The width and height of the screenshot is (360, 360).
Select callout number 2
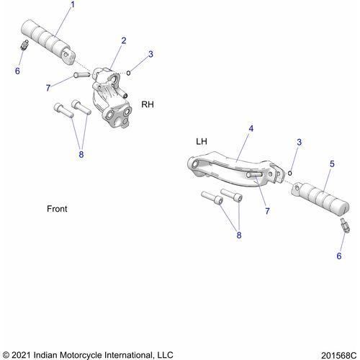tap(123, 40)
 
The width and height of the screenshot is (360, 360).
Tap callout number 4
tap(251, 129)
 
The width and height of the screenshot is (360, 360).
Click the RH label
tap(147, 104)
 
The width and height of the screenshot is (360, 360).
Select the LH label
tap(202, 142)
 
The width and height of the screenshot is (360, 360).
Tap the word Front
tap(57, 209)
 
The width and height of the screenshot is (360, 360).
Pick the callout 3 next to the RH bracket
tap(150, 54)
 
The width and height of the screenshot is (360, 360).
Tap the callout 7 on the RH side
tap(49, 87)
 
